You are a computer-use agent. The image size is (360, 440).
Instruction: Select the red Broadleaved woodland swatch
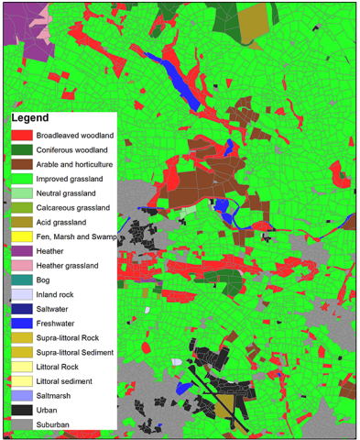(x=22, y=136)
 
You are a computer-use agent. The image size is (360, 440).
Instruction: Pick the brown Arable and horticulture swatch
(x=22, y=165)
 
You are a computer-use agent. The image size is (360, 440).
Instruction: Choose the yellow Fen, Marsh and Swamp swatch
(x=22, y=237)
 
